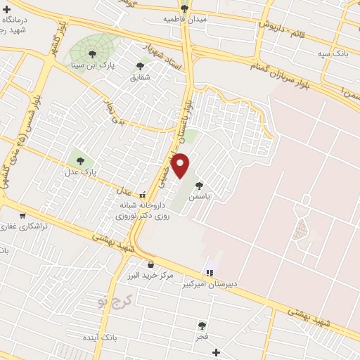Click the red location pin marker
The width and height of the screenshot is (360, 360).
tap(181, 165)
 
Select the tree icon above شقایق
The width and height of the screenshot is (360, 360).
tap(140, 65)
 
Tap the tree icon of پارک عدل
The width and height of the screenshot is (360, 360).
tap(79, 161)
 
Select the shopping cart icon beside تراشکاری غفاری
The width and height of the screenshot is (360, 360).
tap(22, 215)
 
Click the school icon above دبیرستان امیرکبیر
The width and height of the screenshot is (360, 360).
tap(209, 273)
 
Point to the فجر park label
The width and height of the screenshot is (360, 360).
tap(202, 336)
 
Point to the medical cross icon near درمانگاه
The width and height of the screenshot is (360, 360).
tap(6, 10)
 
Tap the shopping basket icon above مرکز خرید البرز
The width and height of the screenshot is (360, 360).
tap(150, 265)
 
